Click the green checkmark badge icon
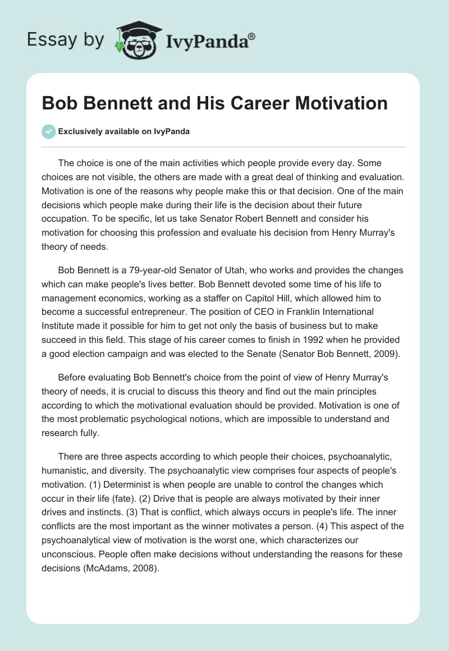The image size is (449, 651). (x=48, y=131)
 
